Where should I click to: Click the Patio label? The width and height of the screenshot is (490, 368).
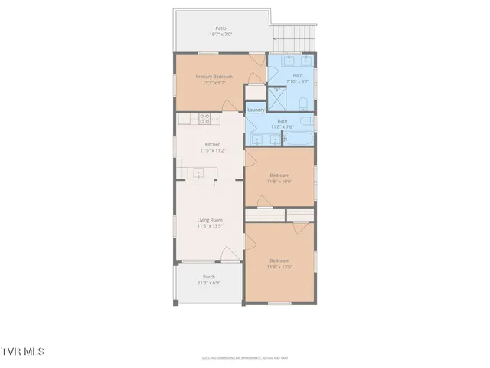[220, 28]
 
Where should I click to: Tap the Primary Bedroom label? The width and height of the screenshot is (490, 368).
[214, 77]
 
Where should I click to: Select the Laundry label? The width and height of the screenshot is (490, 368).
[256, 110]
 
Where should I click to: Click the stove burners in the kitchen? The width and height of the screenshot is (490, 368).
[204, 119]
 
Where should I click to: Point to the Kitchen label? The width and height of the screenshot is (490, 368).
[212, 145]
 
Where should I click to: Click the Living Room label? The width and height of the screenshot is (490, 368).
[210, 220]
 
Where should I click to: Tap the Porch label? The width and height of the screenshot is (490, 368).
[208, 277]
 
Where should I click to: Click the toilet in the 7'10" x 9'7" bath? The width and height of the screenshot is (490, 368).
[304, 102]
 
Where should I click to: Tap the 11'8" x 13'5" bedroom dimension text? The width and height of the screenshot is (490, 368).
[279, 267]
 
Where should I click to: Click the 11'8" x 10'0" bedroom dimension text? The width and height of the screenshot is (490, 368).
[279, 182]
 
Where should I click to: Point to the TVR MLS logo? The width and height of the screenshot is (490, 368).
[23, 351]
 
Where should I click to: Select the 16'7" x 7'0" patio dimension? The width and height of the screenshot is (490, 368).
[220, 34]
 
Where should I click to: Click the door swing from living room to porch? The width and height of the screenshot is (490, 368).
[228, 254]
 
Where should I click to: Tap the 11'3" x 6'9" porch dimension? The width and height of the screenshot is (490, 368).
[208, 283]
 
